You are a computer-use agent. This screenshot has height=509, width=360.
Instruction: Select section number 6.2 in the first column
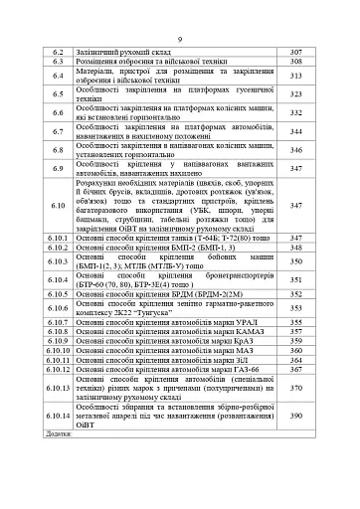[x=58, y=50]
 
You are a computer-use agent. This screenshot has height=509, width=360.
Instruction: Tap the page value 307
[x=294, y=50]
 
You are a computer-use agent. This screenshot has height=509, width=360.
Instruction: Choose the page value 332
[x=294, y=112]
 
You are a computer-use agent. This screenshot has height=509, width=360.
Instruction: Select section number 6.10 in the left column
[x=58, y=205]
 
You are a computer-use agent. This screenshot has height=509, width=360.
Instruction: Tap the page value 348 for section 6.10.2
[x=294, y=248]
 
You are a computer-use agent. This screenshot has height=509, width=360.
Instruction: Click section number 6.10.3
[x=58, y=261]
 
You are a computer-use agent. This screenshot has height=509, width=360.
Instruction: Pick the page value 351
[x=294, y=280]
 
